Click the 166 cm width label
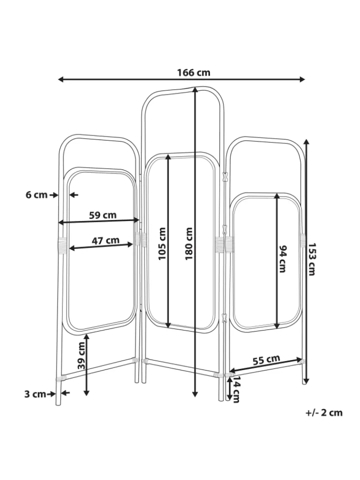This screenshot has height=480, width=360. (193, 73)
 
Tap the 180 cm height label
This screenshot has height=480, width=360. (189, 243)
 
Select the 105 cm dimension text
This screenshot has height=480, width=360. (162, 243)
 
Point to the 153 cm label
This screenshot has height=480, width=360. (311, 259)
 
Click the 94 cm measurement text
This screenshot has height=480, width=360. (282, 258)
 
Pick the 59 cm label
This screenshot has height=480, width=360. (103, 215)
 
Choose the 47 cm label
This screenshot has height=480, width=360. (105, 240)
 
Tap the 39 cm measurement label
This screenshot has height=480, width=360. (81, 355)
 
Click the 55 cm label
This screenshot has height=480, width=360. (266, 359)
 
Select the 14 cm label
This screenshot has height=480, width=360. (236, 389)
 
